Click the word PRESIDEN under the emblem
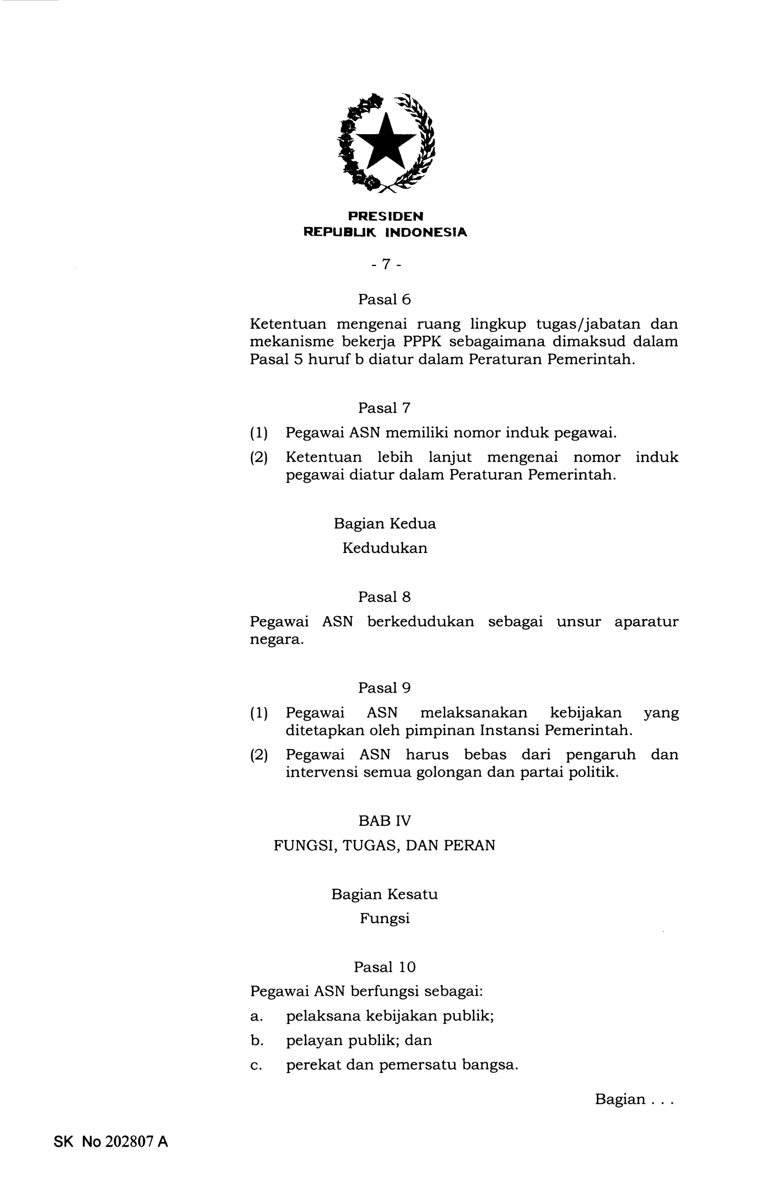pyautogui.click(x=385, y=216)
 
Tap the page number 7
pyautogui.click(x=385, y=265)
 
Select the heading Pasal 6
pyautogui.click(x=384, y=299)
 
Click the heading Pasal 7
pyautogui.click(x=384, y=408)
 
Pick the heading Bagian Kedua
pyautogui.click(x=384, y=523)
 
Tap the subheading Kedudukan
pyautogui.click(x=384, y=548)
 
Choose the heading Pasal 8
pyautogui.click(x=384, y=597)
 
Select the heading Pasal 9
pyautogui.click(x=384, y=688)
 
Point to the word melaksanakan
pyautogui.click(x=473, y=713)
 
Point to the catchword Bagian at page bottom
pyautogui.click(x=620, y=1099)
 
